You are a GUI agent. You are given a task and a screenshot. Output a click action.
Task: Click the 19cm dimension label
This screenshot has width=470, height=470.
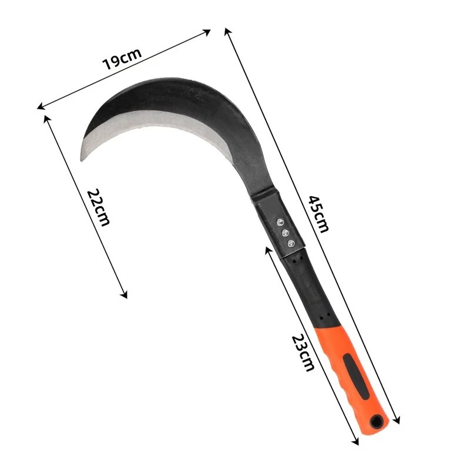(122, 59)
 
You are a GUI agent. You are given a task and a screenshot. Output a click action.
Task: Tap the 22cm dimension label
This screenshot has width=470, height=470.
(99, 207)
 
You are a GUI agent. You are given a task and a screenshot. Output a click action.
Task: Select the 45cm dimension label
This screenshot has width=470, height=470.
(318, 214)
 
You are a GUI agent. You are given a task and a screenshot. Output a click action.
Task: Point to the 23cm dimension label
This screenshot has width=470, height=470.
(303, 353)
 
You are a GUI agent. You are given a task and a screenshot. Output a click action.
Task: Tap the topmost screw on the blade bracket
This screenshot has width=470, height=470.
(280, 222)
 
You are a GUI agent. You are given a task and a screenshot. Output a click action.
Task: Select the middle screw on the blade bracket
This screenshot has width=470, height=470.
(286, 233)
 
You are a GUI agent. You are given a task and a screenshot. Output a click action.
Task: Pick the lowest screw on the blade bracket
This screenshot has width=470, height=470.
(291, 243)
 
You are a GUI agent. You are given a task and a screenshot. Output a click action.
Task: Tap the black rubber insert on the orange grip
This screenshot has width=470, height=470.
(356, 376)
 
